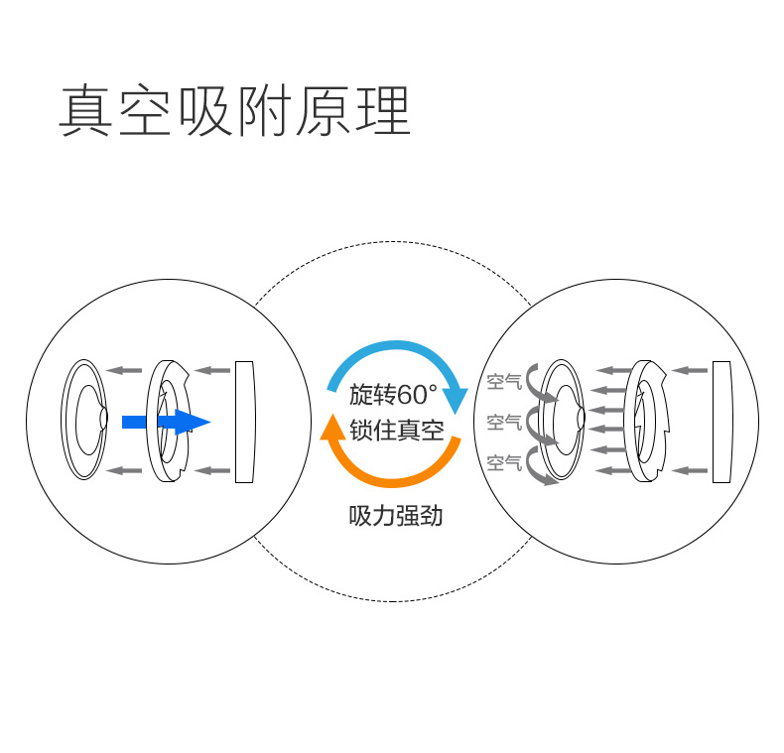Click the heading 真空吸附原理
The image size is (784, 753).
234,111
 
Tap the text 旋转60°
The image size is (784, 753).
393,394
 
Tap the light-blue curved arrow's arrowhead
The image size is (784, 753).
454,399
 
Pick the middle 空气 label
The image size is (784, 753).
504,422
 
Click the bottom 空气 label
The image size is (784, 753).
504,461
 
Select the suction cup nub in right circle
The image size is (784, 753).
578,420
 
